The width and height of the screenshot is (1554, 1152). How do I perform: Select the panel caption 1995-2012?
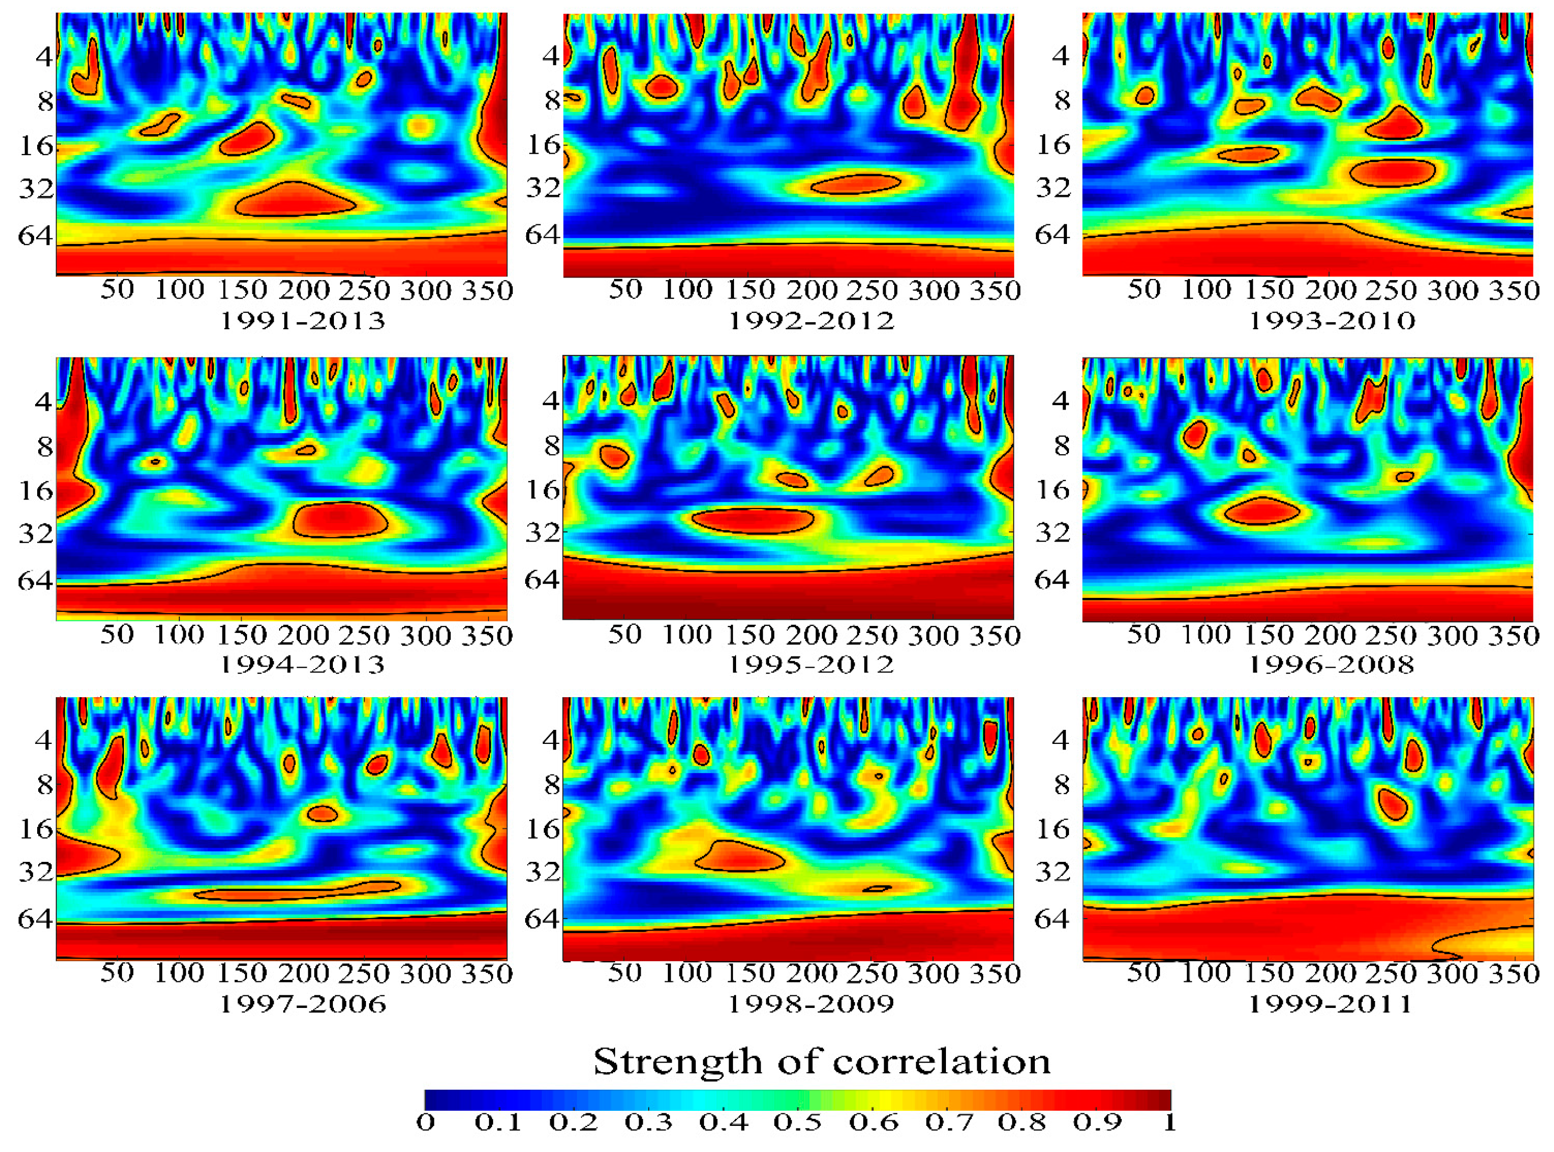click(810, 665)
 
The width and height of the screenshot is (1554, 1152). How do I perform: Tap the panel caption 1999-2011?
click(1330, 1004)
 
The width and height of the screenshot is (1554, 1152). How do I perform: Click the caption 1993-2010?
click(1331, 321)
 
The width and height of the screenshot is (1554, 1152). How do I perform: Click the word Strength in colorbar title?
click(674, 1062)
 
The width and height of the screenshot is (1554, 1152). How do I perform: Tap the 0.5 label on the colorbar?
click(797, 1123)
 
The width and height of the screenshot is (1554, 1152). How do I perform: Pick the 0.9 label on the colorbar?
click(1097, 1123)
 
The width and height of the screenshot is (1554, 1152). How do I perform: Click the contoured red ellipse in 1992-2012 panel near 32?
click(856, 184)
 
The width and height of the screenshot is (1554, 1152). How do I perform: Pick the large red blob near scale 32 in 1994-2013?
click(340, 520)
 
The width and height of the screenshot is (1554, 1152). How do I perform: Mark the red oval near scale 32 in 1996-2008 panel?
click(1261, 511)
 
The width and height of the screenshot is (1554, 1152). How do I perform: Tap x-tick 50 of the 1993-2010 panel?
click(1144, 290)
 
